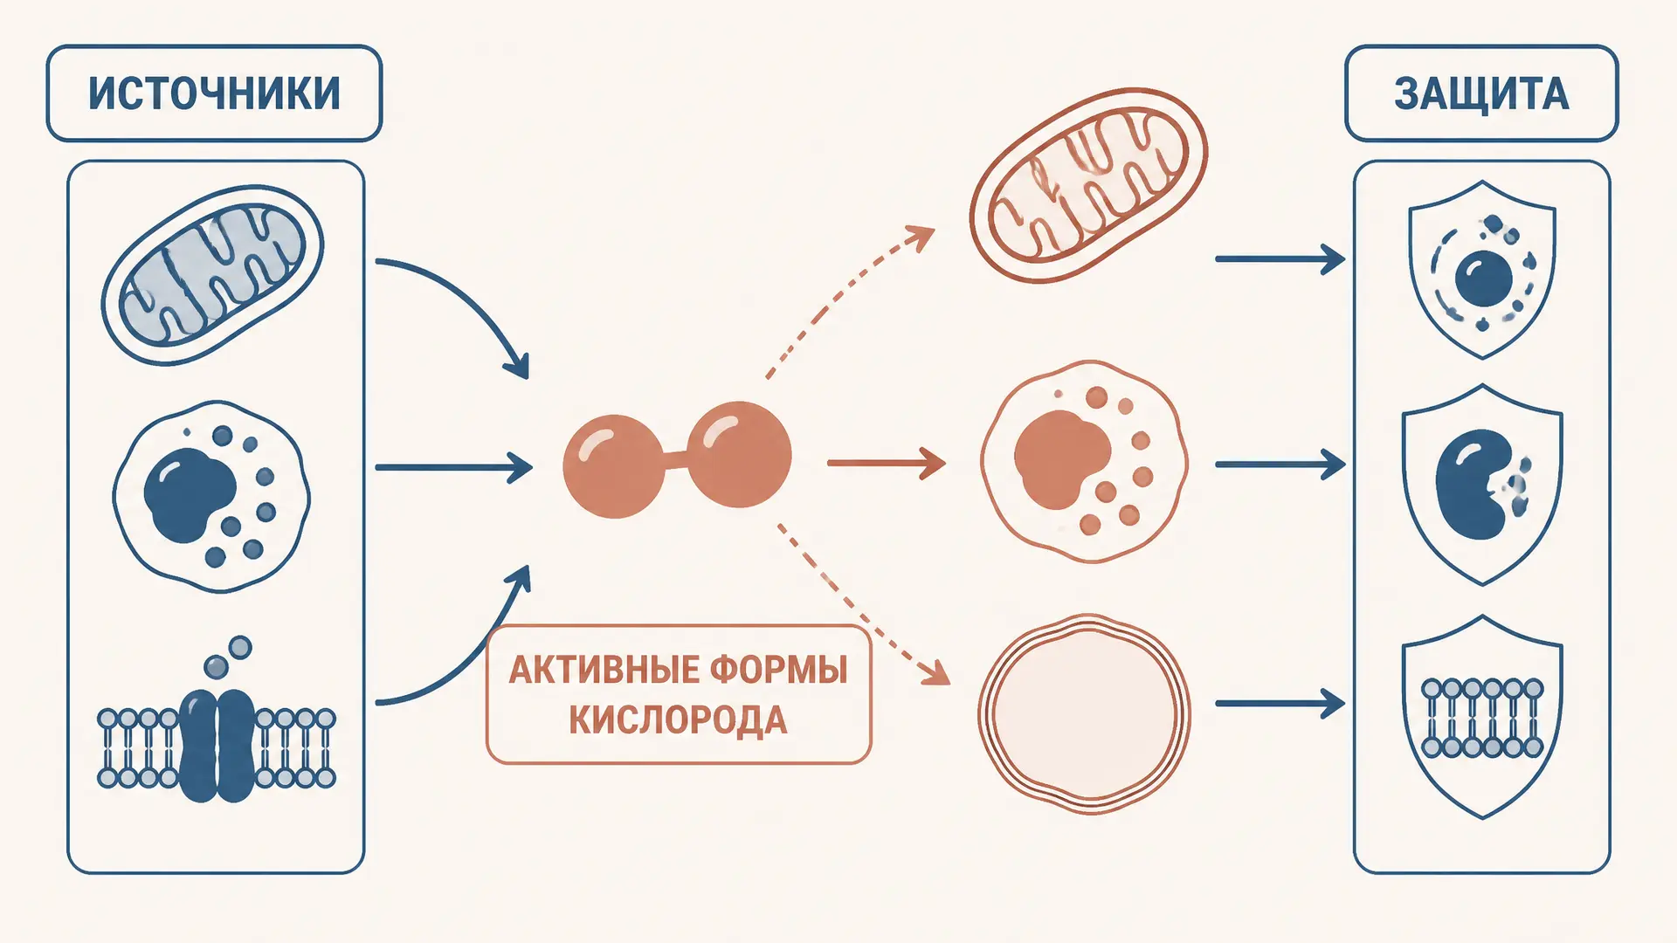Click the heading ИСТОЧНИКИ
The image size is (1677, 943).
tap(214, 93)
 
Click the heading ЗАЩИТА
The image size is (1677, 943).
tap(1481, 94)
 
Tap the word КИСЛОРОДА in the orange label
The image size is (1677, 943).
tap(678, 720)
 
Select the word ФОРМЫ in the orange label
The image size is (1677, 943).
tap(778, 671)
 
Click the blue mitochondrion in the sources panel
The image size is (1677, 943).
tap(212, 274)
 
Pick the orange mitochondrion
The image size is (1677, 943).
tap(1088, 184)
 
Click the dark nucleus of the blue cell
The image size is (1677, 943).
tap(189, 494)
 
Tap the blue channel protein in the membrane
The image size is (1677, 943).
tap(217, 745)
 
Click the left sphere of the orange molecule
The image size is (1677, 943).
tap(614, 466)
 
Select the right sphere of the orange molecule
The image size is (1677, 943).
tap(739, 454)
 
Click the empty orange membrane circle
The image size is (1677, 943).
tap(1084, 714)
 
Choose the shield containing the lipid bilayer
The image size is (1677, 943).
tap(1482, 717)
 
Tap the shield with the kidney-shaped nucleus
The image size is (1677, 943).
tap(1482, 485)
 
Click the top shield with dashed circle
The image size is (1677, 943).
tap(1482, 269)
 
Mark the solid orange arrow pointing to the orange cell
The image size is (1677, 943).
tap(886, 463)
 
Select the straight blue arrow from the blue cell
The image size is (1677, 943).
tap(453, 467)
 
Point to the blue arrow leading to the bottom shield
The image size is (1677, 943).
tap(1280, 703)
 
